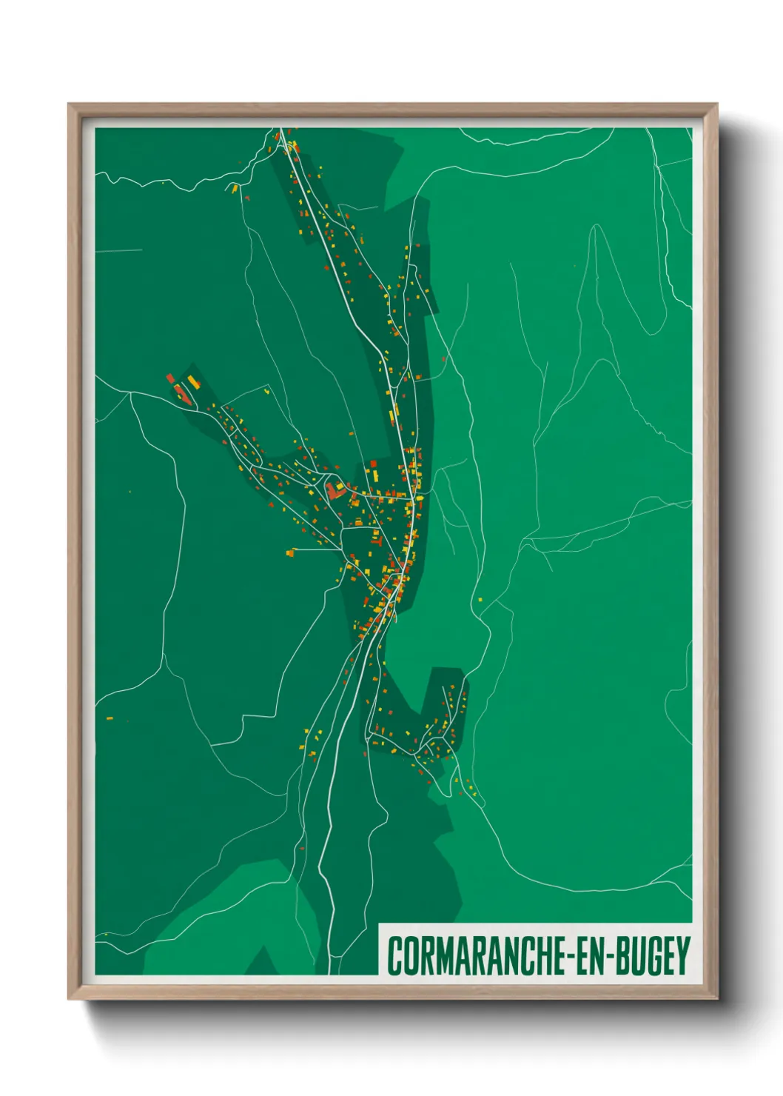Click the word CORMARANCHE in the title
[474, 956]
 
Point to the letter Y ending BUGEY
[683, 956]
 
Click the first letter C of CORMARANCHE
[394, 956]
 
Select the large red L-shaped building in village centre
[335, 490]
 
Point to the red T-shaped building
[375, 540]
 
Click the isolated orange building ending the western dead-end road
[292, 551]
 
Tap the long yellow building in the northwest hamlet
[193, 381]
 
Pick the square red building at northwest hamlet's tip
[170, 378]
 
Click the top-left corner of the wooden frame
[69, 104]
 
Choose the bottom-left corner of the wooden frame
[69, 999]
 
